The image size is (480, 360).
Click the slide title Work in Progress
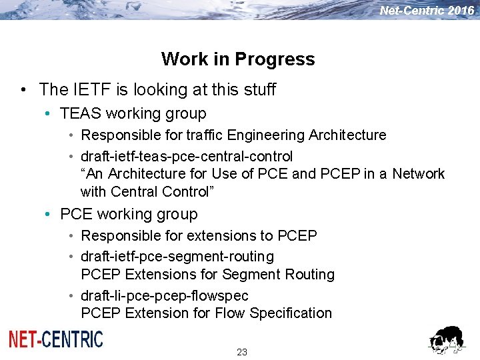238,59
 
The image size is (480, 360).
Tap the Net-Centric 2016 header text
427,10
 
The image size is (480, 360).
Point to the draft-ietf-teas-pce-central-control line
187,157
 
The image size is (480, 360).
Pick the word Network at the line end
418,174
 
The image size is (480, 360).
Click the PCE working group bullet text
129,215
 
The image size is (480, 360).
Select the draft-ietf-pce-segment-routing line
177,257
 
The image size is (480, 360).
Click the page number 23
242,352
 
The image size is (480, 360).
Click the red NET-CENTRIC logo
56,339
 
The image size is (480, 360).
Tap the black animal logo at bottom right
446,340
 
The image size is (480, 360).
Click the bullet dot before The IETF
23,89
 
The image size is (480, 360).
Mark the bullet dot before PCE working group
48,215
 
